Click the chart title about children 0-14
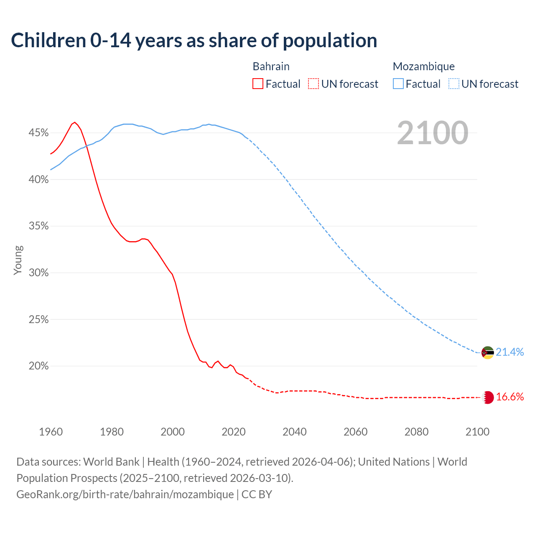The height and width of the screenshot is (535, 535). [194, 41]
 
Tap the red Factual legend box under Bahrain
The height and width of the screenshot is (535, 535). [258, 84]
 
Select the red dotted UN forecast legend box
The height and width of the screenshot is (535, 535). [313, 84]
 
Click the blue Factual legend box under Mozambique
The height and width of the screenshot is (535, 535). [398, 84]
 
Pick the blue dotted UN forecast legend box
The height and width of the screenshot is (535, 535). [454, 84]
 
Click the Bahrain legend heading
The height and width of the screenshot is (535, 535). [271, 66]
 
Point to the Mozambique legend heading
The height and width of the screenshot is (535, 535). [423, 66]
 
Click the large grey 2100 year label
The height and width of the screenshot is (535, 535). [432, 133]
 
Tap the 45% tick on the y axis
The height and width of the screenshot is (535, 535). [38, 133]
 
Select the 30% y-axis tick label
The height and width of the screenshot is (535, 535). [38, 273]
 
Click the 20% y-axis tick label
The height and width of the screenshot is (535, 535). [38, 366]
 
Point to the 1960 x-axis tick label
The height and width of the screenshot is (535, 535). [51, 432]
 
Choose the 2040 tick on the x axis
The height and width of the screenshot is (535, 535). [295, 432]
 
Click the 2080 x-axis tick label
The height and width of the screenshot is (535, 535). [416, 432]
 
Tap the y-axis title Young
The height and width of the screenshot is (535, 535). [18, 260]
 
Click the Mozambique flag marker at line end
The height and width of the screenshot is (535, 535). [487, 353]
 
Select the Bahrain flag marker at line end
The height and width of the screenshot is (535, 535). [488, 397]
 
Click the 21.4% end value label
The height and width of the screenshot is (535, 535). [510, 352]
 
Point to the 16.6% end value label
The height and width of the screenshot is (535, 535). [510, 397]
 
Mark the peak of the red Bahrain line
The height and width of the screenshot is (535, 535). [75, 122]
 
